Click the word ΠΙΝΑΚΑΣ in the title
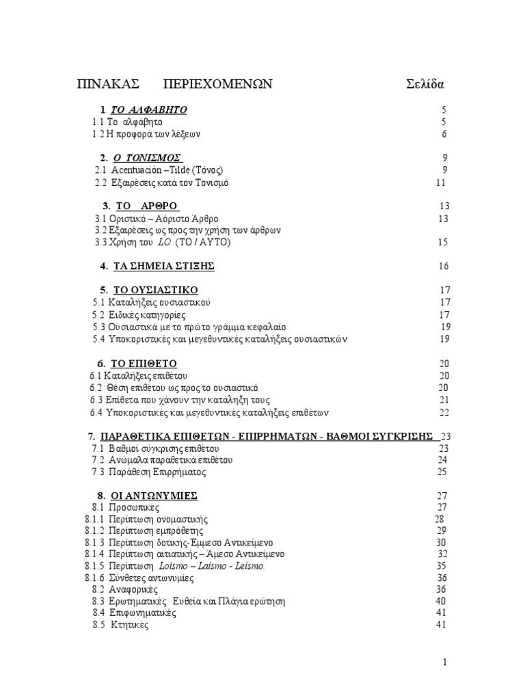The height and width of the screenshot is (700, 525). (108, 84)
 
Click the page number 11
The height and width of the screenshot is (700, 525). (441, 183)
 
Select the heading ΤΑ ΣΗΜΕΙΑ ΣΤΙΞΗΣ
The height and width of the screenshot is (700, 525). (163, 266)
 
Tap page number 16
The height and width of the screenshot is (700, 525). (444, 266)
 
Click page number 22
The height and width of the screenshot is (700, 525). (444, 412)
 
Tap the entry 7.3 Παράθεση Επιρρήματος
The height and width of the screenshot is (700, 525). (157, 472)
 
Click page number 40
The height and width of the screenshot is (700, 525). (441, 601)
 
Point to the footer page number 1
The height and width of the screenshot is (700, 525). (445, 662)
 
